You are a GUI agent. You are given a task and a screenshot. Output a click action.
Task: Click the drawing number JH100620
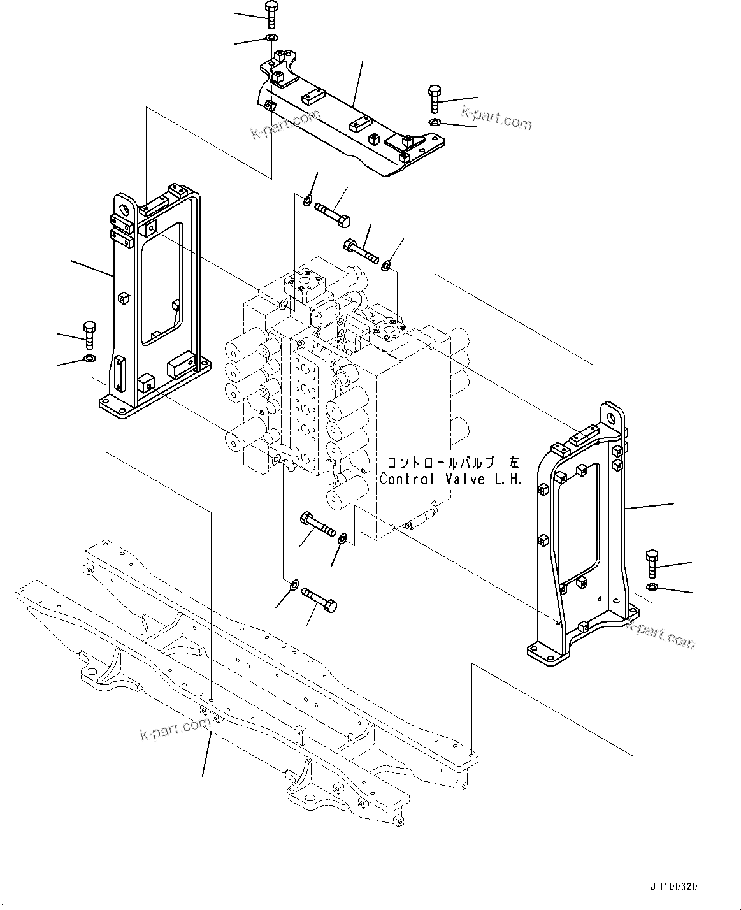(x=674, y=887)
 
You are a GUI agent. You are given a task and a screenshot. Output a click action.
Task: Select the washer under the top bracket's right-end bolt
(x=435, y=122)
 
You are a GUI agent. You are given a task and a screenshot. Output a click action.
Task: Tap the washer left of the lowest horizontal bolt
(x=294, y=584)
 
